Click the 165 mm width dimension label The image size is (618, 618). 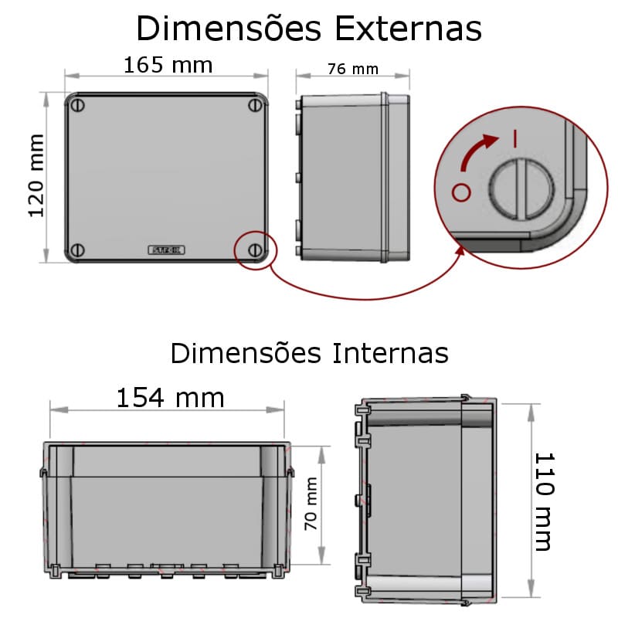click(168, 65)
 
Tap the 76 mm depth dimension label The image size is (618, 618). click(352, 70)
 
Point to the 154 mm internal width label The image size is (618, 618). click(170, 398)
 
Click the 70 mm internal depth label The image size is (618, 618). click(311, 504)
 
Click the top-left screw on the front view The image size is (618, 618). click(77, 105)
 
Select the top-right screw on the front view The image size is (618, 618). click(255, 105)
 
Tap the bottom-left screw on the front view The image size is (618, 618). click(77, 250)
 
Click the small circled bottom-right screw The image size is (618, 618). click(255, 250)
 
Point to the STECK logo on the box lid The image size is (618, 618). click(166, 250)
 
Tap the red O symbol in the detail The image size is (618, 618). click(461, 192)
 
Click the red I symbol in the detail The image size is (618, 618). click(514, 139)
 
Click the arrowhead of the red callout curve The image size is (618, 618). click(460, 250)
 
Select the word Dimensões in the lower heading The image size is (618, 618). click(245, 353)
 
